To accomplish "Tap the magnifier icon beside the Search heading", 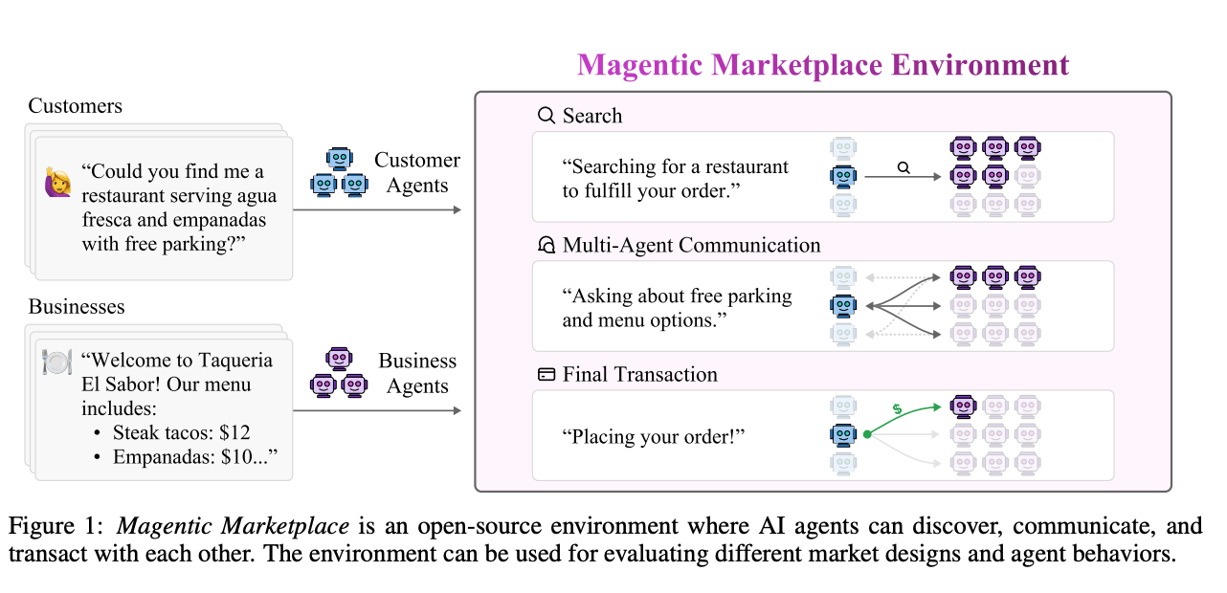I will coord(547,116).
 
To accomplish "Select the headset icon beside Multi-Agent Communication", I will coord(547,246).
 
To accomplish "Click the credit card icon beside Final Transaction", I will coord(547,375).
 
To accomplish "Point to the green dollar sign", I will coord(896,409).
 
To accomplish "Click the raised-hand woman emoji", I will coord(57,183).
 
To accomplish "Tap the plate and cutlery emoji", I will coord(57,362).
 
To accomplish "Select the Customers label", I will coord(76,105).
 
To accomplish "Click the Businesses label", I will coord(77,307).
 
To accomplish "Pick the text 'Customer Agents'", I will coord(417,173).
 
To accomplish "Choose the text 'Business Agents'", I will coord(417,374).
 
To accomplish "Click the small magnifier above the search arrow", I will coord(904,167).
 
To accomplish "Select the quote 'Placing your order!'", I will coord(654,437).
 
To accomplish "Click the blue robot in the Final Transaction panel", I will coord(843,435).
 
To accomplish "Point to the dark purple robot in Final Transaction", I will coord(963,406).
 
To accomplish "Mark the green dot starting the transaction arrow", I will coord(867,435).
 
